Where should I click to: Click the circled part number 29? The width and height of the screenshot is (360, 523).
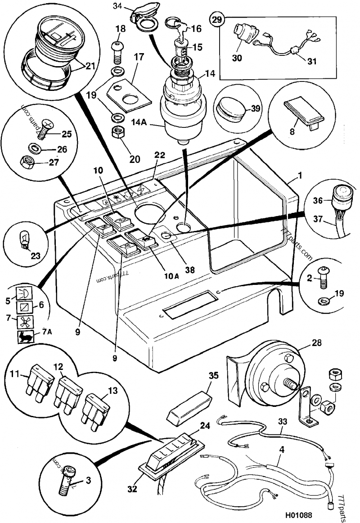click(217, 19)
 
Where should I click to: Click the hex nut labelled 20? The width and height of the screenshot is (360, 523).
click(119, 134)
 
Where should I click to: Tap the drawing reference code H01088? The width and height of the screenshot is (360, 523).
click(297, 514)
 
